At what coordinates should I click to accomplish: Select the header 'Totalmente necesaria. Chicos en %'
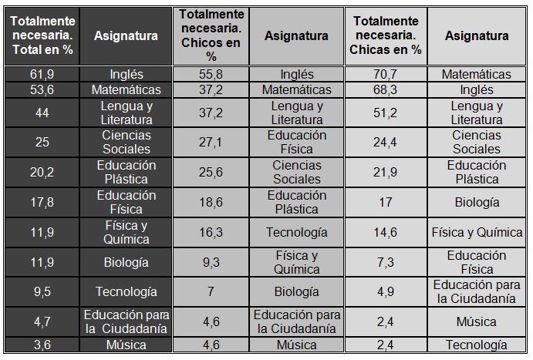211,35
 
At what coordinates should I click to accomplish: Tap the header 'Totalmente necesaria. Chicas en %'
386,35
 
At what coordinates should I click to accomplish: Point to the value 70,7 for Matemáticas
386,75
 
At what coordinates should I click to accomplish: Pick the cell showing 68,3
386,90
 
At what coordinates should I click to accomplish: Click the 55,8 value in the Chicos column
211,75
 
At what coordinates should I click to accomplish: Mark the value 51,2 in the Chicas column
386,113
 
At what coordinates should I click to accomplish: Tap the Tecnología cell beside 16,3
296,232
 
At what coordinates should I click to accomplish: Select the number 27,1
211,142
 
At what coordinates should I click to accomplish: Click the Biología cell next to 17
476,202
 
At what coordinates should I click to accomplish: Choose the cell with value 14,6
386,232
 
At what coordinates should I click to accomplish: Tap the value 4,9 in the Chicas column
386,291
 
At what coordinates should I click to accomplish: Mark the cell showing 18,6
211,202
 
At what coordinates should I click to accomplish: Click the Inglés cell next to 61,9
126,75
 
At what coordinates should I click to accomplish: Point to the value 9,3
211,262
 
